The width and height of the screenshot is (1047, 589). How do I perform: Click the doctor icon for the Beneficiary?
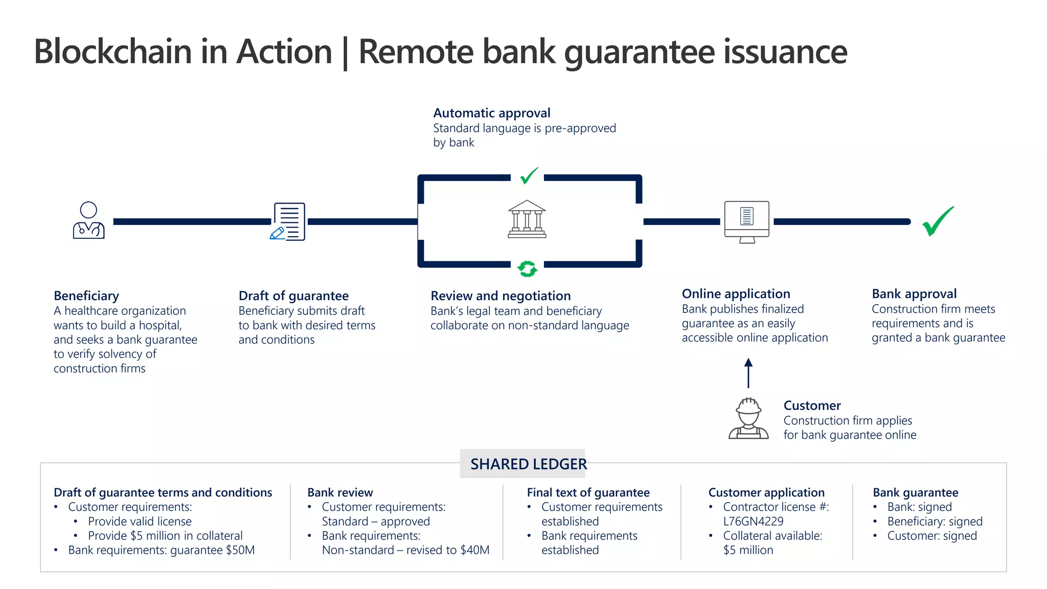click(x=88, y=220)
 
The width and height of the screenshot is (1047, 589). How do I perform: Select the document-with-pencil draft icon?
click(x=288, y=221)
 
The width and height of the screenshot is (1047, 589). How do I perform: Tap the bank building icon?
click(x=527, y=219)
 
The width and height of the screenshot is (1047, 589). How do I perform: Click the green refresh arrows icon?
click(x=527, y=268)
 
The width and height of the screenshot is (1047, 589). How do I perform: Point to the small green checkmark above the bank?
click(x=529, y=175)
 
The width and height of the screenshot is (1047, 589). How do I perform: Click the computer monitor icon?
click(x=746, y=221)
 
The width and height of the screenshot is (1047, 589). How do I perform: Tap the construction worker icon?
click(x=748, y=418)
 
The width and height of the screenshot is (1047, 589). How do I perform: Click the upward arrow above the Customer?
click(x=748, y=373)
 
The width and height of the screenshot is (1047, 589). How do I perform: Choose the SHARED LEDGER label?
click(x=528, y=464)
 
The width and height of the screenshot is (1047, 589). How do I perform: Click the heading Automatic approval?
click(x=492, y=113)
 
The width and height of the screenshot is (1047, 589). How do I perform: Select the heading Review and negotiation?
click(x=500, y=296)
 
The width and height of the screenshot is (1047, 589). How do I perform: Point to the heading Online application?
click(x=736, y=294)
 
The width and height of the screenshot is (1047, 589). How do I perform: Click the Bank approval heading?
click(x=914, y=294)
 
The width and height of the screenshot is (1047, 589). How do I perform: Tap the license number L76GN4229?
click(x=753, y=522)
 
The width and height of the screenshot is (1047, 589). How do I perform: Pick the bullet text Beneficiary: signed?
click(x=935, y=522)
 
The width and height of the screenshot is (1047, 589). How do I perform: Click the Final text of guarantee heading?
click(x=588, y=493)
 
